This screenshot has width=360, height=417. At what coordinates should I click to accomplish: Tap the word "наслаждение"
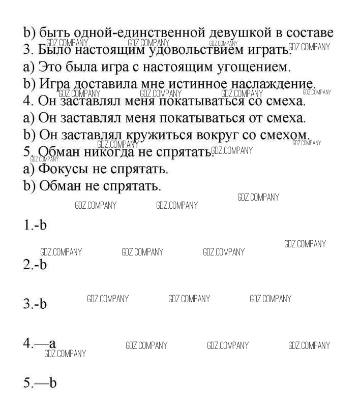click(273, 84)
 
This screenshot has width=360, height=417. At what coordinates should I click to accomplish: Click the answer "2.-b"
click(35, 265)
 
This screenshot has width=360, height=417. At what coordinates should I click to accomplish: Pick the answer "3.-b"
click(35, 304)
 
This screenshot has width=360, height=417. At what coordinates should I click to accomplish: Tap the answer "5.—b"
click(39, 382)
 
